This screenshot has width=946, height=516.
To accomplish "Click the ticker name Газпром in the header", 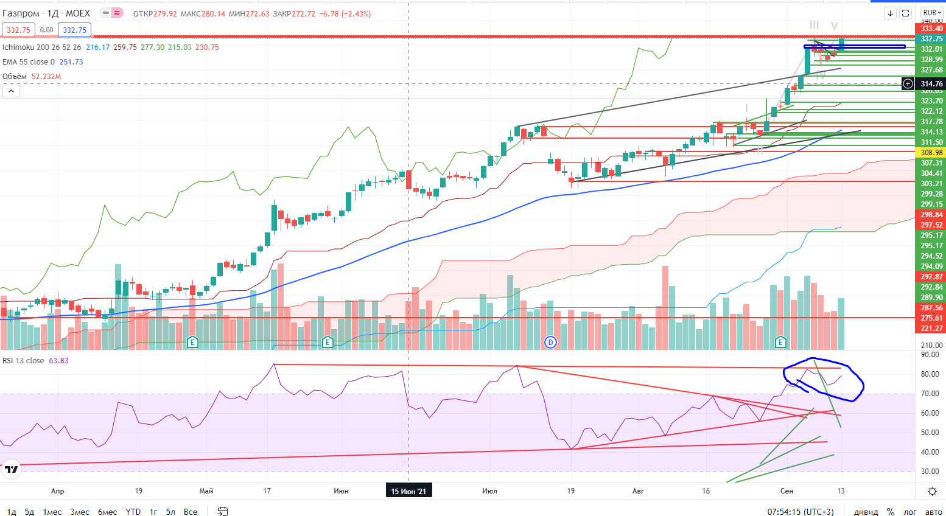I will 21,13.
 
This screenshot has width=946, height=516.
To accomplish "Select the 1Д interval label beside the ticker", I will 53,13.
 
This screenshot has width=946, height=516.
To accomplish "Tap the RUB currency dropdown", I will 931,13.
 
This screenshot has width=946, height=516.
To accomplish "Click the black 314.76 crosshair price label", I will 931,84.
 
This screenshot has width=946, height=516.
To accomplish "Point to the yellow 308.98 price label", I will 931,153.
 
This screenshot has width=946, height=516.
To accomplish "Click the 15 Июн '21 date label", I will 408,491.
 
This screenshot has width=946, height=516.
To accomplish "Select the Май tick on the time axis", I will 206,491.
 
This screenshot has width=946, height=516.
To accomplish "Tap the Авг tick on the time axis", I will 638,491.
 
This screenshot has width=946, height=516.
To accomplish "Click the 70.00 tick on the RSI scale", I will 930,394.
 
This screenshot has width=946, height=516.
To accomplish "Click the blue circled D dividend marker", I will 550,343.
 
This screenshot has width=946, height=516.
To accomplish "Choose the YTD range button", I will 133,512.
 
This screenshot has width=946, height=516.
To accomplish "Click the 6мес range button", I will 107,512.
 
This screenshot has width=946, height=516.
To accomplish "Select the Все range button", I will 191,512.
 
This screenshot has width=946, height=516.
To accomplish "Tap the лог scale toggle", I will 910,512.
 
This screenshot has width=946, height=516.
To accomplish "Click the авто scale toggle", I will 933,512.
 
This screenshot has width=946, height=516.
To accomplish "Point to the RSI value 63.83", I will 58,361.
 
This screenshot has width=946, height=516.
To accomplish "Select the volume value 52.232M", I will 46,77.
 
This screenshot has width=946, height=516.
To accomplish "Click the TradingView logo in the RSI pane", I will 11,469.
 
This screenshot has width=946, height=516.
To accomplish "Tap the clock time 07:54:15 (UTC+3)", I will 801,512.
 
